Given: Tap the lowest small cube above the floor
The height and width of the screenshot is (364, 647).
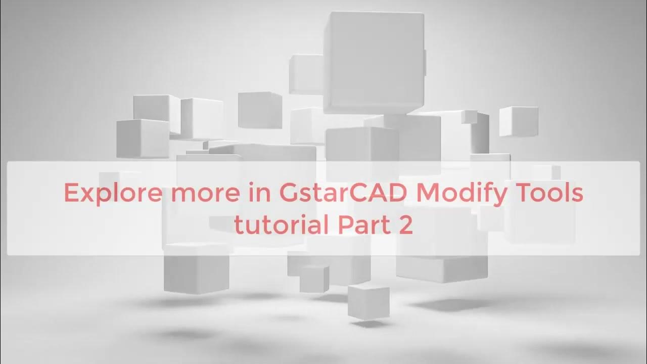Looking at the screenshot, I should click(x=368, y=301).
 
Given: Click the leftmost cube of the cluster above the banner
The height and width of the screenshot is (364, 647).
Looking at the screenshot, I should click(x=135, y=138).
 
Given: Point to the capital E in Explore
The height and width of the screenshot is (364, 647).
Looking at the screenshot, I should click(x=72, y=194).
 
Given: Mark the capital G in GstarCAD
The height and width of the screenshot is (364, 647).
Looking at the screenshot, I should click(x=289, y=194).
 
